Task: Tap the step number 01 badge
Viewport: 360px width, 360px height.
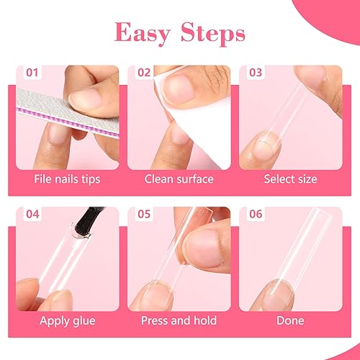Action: (33, 73)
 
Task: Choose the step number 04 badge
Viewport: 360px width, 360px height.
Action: (33, 215)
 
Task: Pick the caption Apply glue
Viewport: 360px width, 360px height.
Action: (66, 320)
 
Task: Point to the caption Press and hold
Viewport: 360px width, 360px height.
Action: (179, 320)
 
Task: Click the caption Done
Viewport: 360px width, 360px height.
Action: (291, 320)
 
